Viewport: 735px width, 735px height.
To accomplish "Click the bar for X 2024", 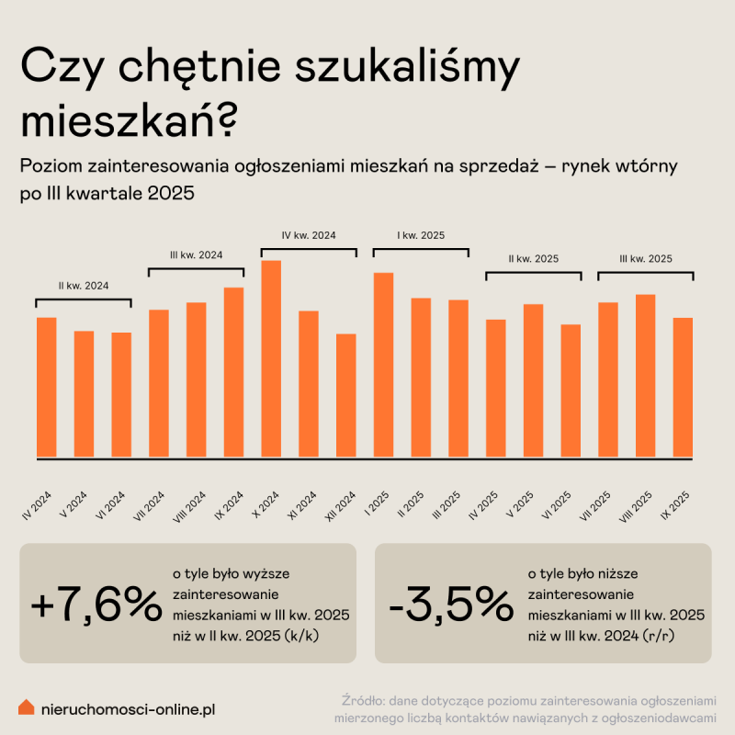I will point(271,358).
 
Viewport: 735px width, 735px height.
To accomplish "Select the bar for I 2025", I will point(383,365).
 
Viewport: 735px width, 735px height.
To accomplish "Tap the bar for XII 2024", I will point(345,395).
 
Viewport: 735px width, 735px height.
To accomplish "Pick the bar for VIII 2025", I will point(645,375).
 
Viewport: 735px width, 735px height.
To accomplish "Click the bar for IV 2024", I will point(46,387).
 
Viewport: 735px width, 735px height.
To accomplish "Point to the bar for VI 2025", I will point(571,390).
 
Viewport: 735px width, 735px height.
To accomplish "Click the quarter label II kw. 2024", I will point(84,286).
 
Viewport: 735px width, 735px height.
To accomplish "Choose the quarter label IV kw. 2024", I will point(309,235).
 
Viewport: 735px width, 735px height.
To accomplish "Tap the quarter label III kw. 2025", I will point(645,259).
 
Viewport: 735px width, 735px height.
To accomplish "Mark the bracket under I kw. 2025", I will point(421,250).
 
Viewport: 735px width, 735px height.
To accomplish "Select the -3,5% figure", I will point(450,603).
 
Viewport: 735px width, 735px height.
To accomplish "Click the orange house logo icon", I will point(28,707).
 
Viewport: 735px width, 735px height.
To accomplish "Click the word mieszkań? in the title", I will point(129,121).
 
